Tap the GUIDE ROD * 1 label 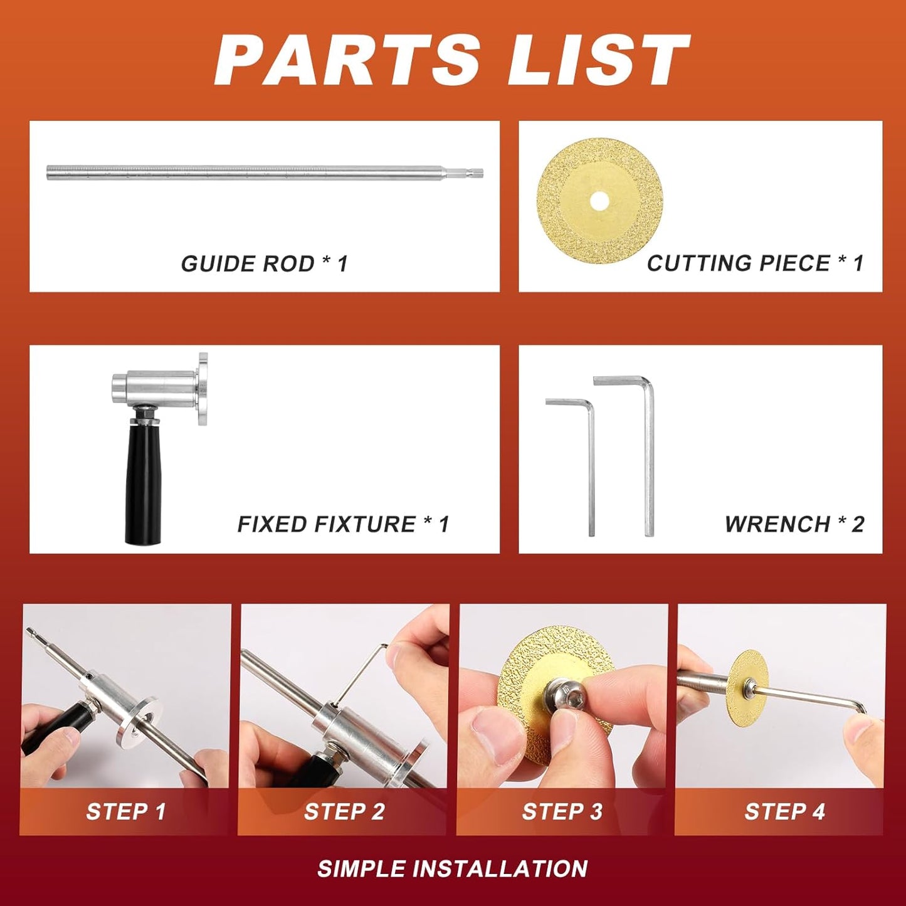pyautogui.click(x=264, y=263)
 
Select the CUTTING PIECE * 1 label pyautogui.click(x=755, y=263)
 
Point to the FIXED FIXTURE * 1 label pyautogui.click(x=343, y=524)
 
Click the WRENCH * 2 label pyautogui.click(x=794, y=524)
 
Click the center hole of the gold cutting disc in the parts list pyautogui.click(x=599, y=201)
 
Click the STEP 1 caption pyautogui.click(x=125, y=811)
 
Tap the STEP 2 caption pyautogui.click(x=344, y=811)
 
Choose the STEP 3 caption pyautogui.click(x=562, y=811)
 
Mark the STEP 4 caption pyautogui.click(x=784, y=811)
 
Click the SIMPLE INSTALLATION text pyautogui.click(x=452, y=869)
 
